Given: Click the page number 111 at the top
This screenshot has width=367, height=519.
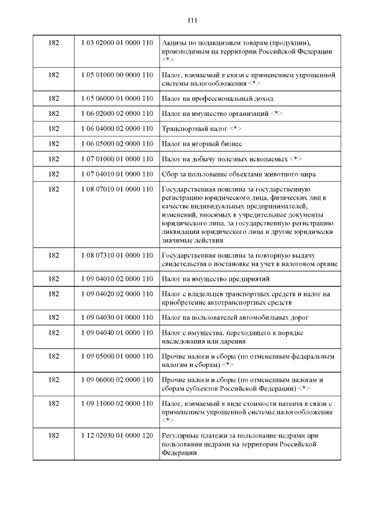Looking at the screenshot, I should coord(192,21).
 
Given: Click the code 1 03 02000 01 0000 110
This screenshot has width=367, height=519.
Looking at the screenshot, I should coord(116,44).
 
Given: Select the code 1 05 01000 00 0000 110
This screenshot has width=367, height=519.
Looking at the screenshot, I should coord(116,75).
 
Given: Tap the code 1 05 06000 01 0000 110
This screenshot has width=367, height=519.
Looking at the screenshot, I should coord(116,99).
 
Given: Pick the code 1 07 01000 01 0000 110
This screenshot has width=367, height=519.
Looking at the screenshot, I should coord(116,158).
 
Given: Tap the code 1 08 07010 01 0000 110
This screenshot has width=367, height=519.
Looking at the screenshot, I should coord(116,189).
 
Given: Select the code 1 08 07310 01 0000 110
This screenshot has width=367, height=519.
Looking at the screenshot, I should coord(116,255).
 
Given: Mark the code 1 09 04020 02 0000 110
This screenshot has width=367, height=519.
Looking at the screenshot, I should coord(116,294).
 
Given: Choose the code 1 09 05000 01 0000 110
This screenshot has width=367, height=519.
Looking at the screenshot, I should coord(116,357).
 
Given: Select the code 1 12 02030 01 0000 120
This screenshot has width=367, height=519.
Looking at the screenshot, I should coord(116,436).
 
